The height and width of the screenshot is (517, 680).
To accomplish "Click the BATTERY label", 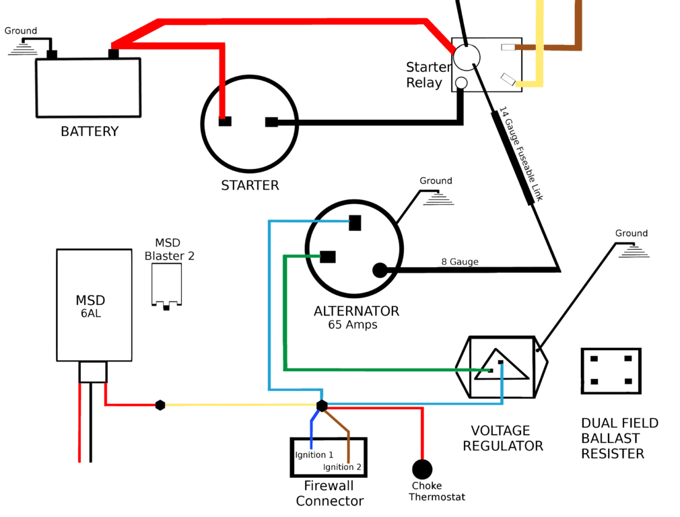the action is [90, 131].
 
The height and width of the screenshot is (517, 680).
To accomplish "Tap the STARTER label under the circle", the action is [250, 185].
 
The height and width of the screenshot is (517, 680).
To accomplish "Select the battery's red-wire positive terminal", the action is [114, 55].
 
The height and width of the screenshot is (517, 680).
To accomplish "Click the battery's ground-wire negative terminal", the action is [52, 55].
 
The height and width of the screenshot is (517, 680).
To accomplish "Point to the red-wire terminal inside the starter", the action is [225, 121].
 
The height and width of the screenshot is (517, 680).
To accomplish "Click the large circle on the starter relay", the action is [467, 57].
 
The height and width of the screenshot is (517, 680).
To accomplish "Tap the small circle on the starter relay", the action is [461, 83].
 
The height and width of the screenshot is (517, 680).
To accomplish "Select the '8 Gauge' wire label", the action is [460, 262].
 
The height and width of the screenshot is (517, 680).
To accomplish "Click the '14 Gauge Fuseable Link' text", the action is [521, 154].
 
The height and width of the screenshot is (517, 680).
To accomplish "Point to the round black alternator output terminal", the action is [380, 270].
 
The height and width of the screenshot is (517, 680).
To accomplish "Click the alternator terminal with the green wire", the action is [327, 256].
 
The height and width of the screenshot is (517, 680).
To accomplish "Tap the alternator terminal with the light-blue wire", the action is [355, 223].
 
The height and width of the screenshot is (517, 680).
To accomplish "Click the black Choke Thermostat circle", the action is [422, 469].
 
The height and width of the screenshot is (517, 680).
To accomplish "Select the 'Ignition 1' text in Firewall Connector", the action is [314, 454].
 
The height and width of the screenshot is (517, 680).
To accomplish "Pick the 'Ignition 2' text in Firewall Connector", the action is [342, 467].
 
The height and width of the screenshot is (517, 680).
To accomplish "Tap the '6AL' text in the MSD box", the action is [91, 313].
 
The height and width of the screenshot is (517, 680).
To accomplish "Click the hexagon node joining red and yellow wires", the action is [160, 405].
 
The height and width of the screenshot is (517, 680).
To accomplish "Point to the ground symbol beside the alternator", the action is [438, 199].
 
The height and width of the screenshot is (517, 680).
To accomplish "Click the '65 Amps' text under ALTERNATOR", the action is [353, 324].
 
